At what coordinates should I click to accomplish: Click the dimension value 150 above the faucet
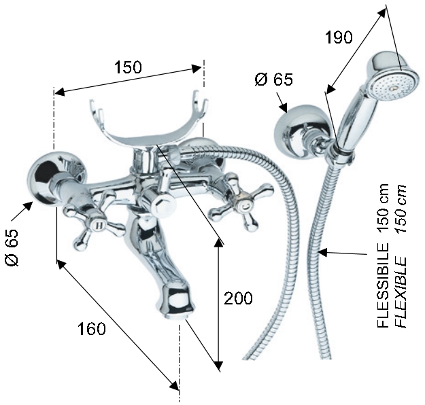click(127, 67)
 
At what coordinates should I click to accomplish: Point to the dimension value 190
click(339, 37)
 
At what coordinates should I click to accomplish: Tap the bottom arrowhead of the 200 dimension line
click(218, 365)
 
